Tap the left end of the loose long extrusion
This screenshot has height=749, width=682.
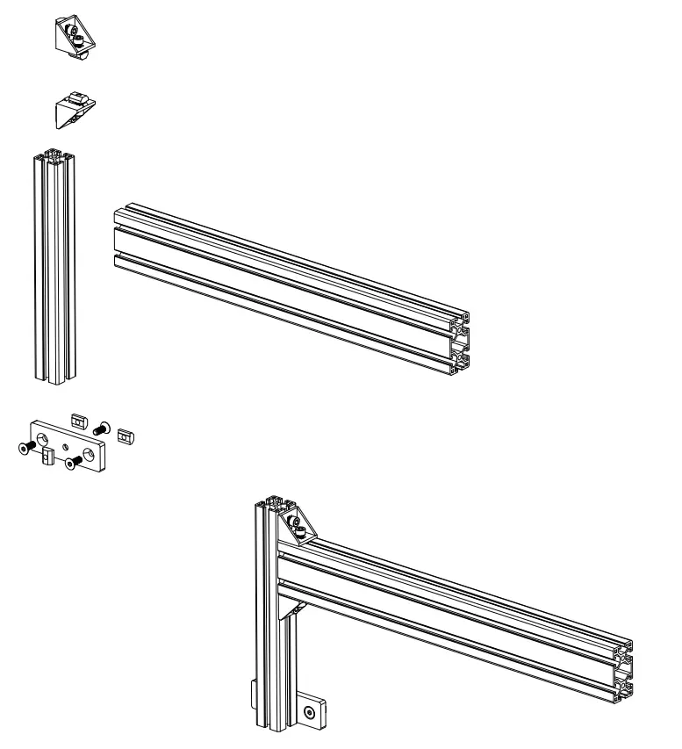(116, 233)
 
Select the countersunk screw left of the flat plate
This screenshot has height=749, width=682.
(25, 448)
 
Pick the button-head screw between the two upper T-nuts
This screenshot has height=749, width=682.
(99, 429)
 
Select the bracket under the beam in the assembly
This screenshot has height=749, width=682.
(293, 606)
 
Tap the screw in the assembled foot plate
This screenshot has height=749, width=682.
(309, 713)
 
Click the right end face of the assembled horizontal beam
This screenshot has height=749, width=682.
(623, 668)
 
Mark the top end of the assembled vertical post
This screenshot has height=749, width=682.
(272, 502)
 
